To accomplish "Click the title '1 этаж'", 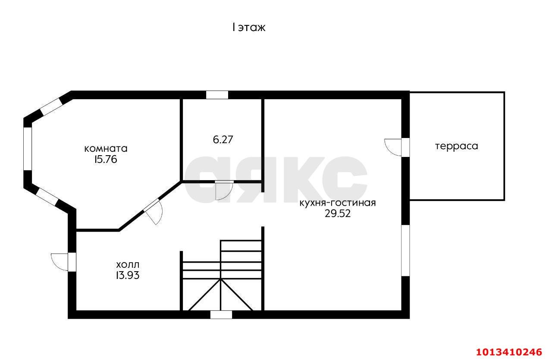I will coord(249,28).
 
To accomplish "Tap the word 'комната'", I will coord(106,149).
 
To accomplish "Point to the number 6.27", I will coord(223,140).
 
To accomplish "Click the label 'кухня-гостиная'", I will coord(338,203).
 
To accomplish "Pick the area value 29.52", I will coord(338,213).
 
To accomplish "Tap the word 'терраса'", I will coord(456,146).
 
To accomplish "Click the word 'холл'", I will coord(128,264).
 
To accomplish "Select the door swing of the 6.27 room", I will coord(224,191).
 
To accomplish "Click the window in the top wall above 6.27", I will coord(217,95).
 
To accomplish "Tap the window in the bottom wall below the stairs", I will coord(221,315).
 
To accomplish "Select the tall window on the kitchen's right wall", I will coord(405,250).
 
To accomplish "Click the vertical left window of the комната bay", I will coord(28,148).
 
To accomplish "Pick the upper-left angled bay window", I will coord(51,106).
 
